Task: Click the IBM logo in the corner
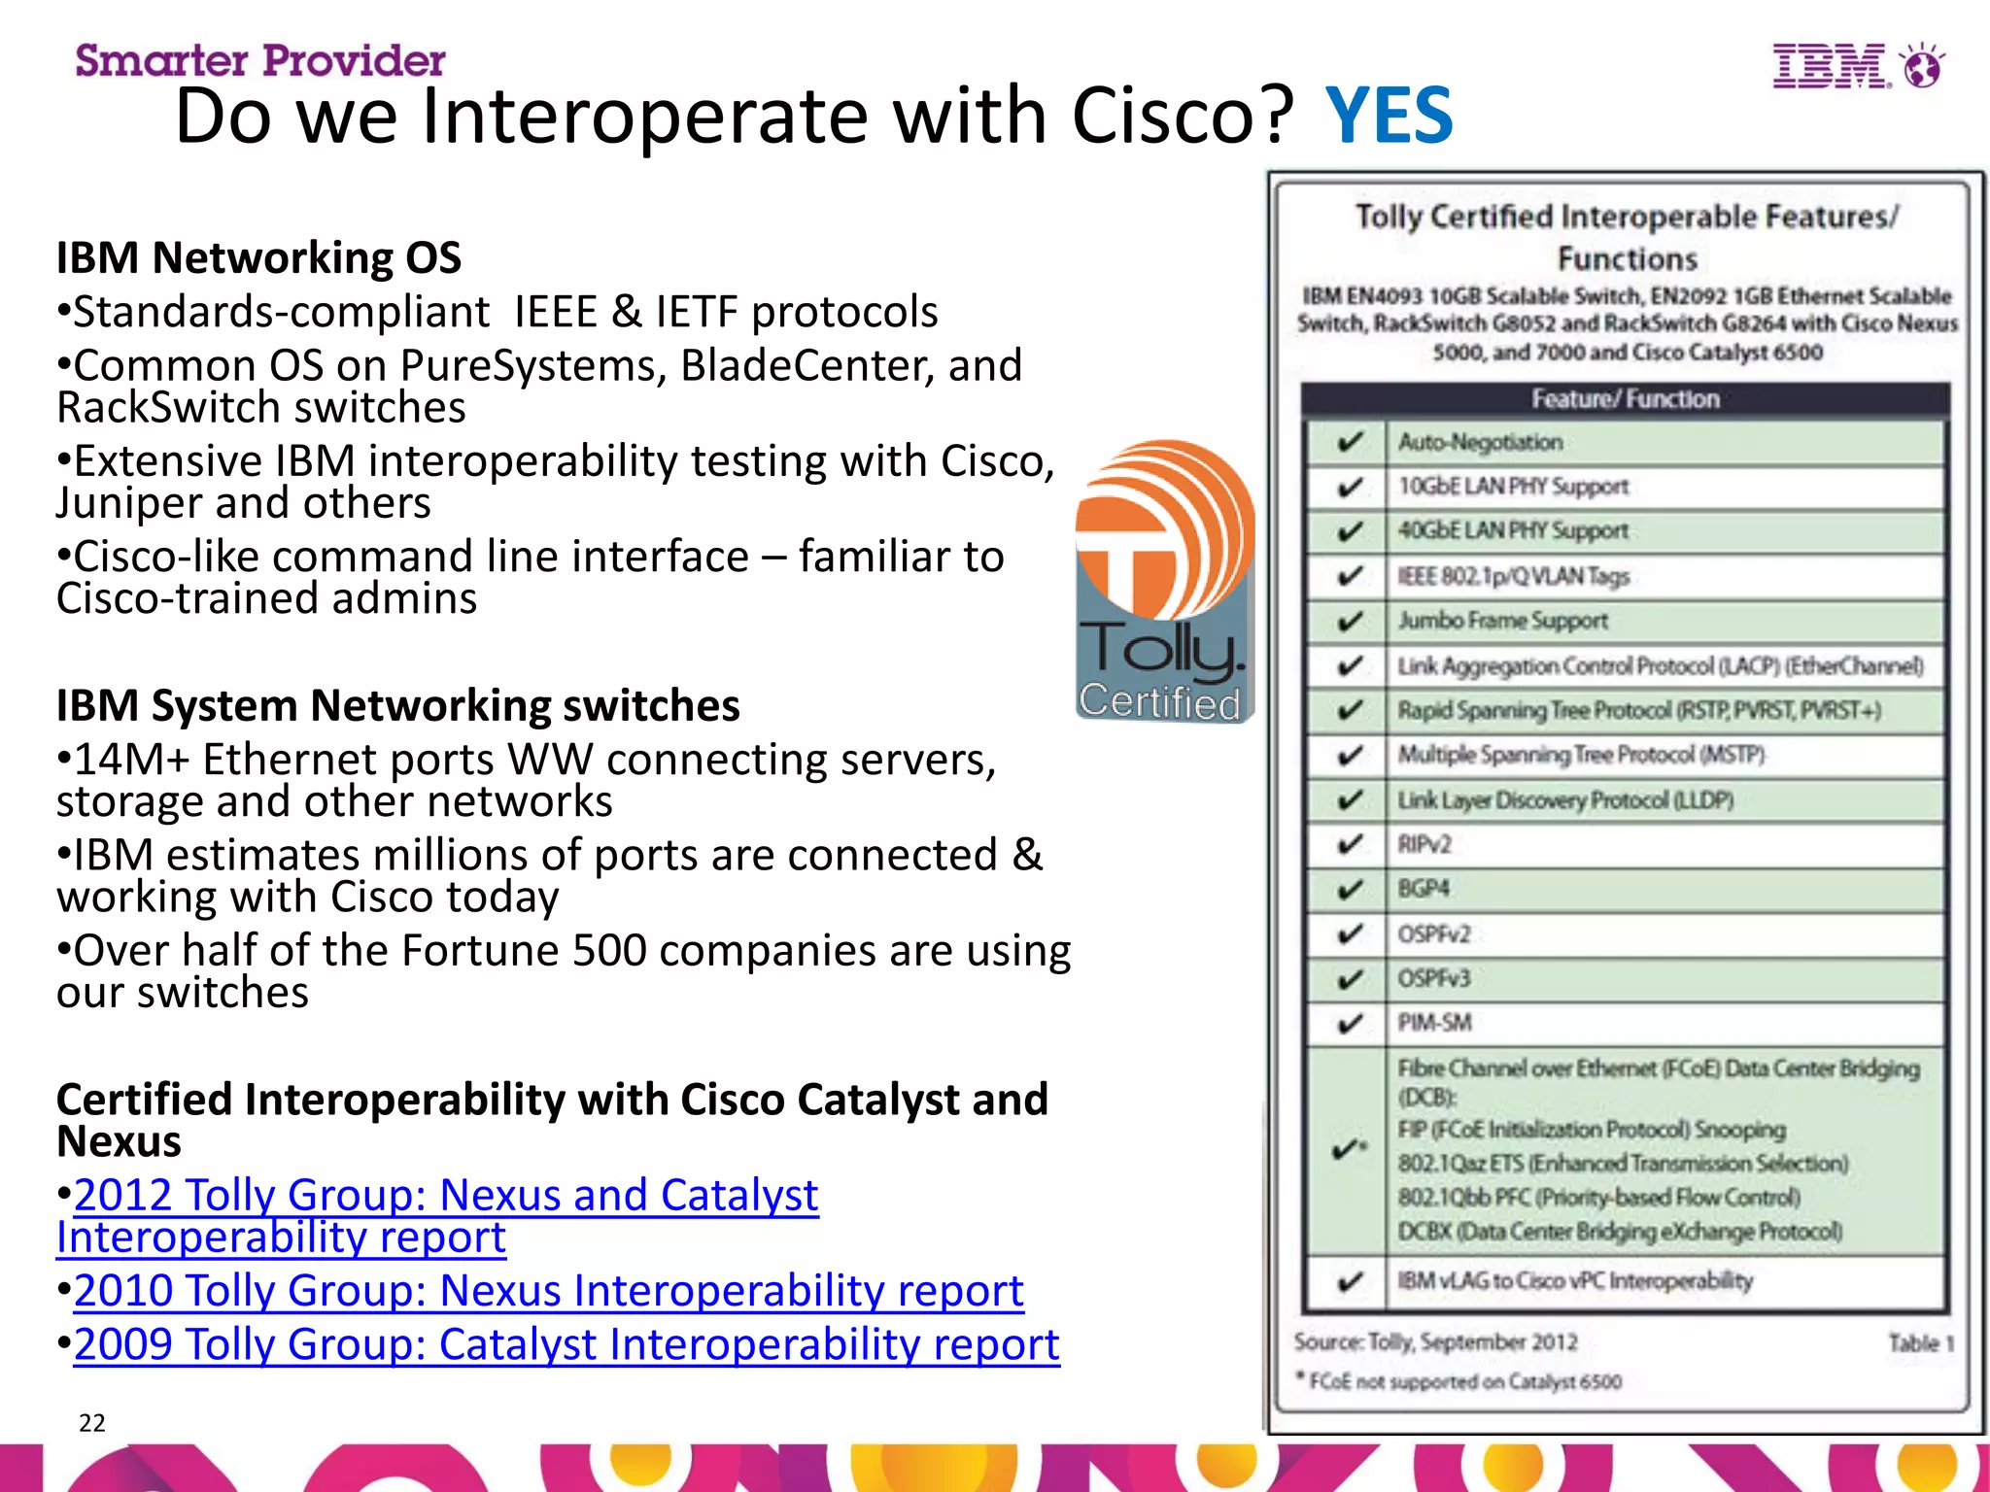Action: click(1856, 66)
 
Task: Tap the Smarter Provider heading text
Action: click(260, 60)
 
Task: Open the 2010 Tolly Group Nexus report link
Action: click(548, 1291)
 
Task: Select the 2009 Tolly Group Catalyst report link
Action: click(566, 1345)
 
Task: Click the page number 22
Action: click(92, 1423)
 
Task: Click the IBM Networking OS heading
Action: click(258, 258)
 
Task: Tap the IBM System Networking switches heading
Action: click(397, 706)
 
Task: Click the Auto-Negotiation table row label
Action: click(1480, 443)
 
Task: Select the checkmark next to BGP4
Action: click(1349, 890)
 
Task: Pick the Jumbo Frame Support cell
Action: click(1502, 621)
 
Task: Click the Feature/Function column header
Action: click(1625, 399)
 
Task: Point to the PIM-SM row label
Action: click(1434, 1023)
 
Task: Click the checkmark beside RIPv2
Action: click(1349, 845)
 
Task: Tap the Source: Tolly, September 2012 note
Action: click(1435, 1342)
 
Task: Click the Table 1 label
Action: click(1920, 1343)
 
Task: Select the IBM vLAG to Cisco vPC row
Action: click(1574, 1281)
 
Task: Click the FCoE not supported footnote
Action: click(1463, 1381)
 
